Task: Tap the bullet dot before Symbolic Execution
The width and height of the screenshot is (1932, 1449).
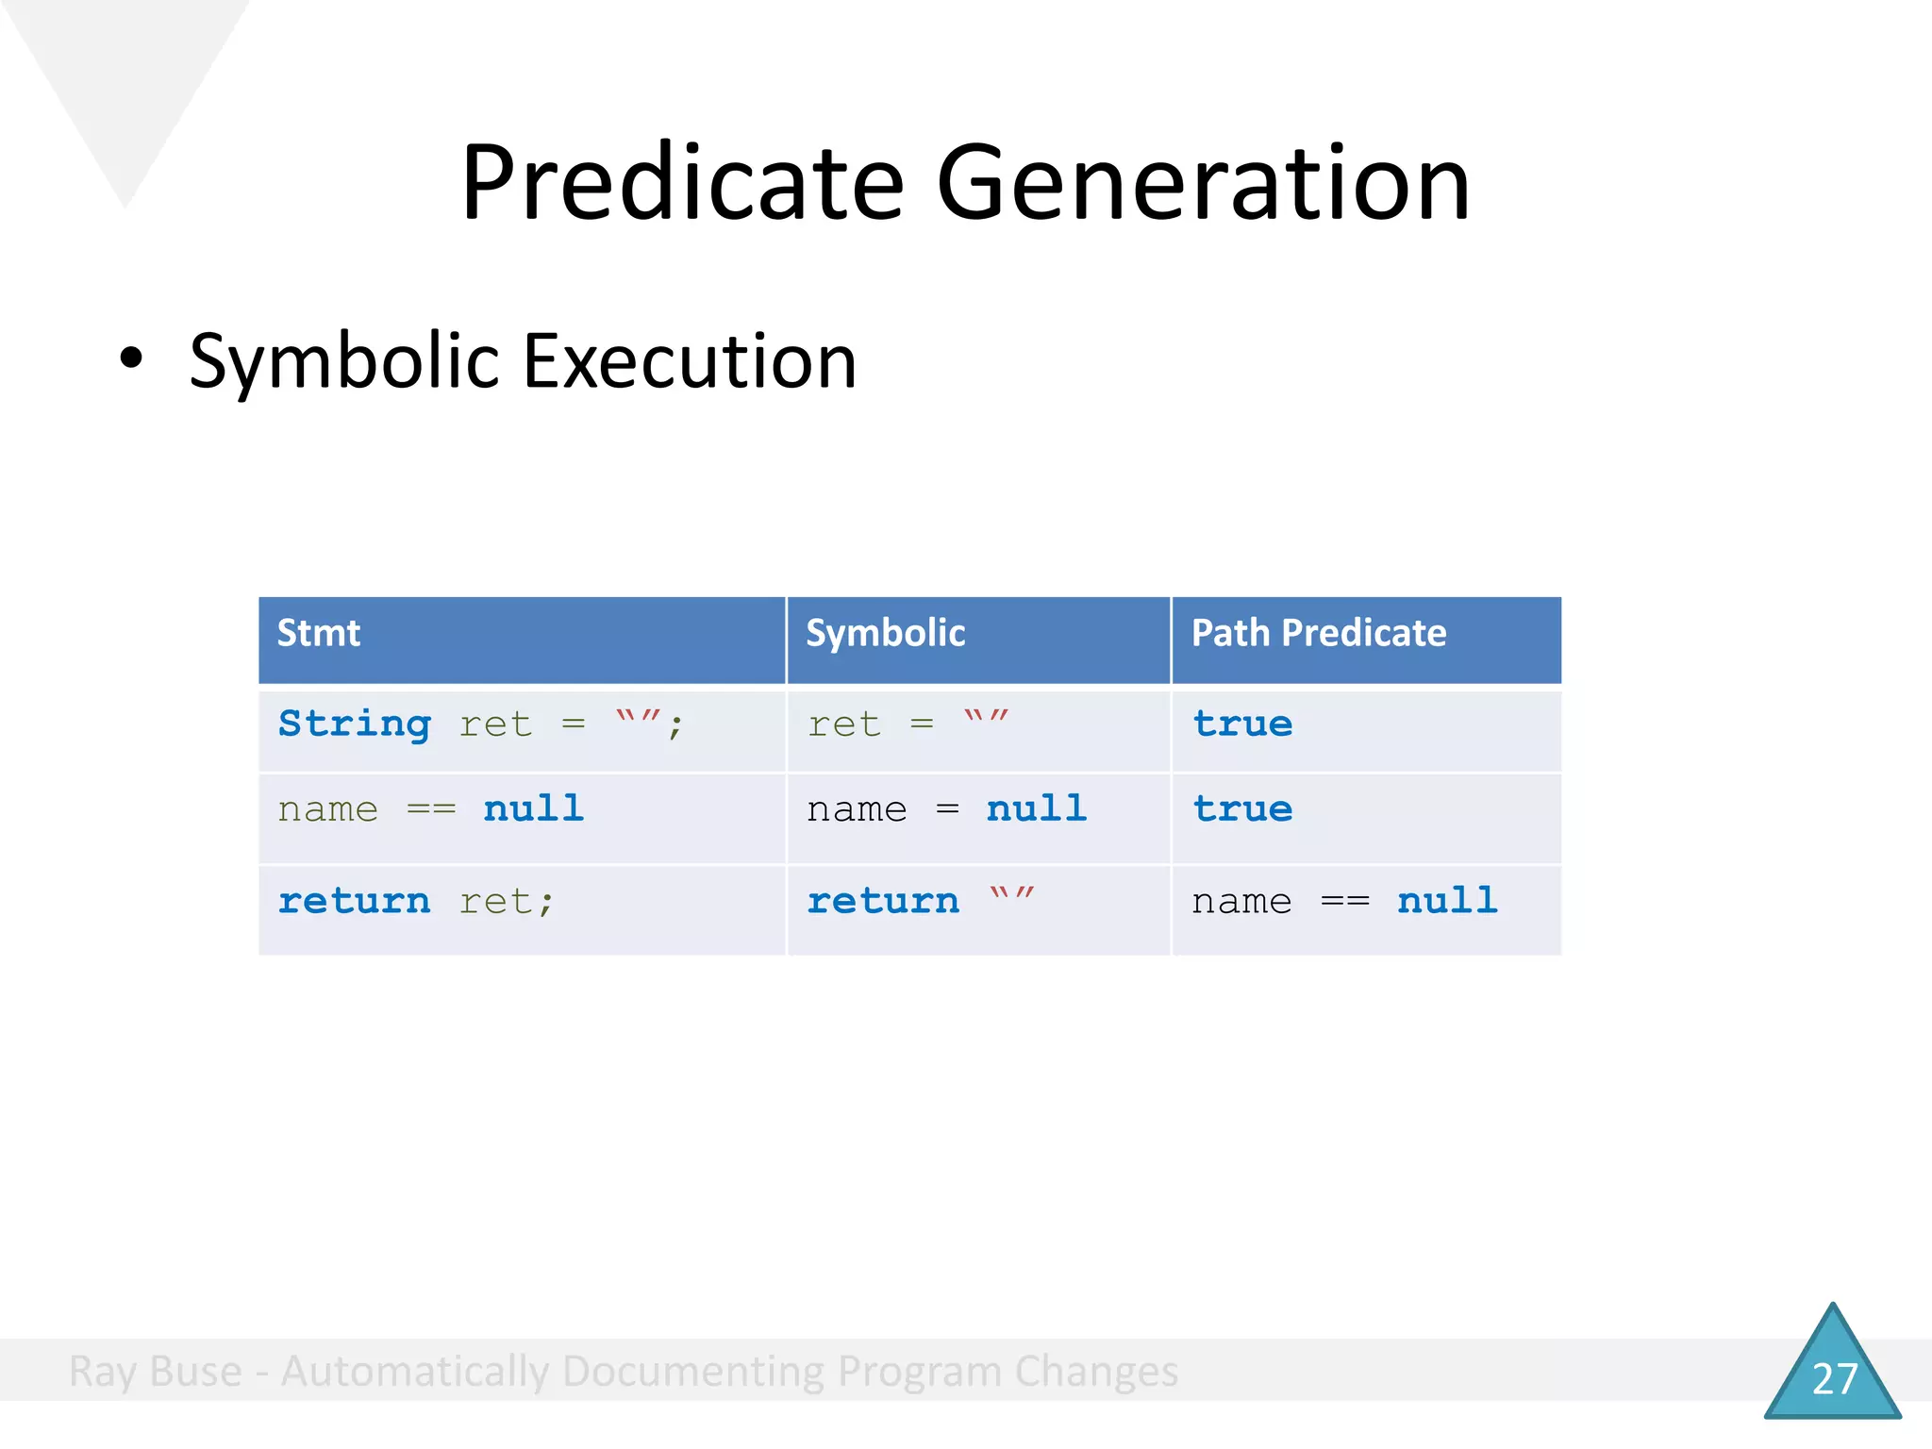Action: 131,358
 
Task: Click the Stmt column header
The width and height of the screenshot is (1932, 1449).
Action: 319,633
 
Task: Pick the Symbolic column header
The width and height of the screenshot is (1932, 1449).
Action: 885,633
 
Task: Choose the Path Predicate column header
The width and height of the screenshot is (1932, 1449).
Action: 1318,633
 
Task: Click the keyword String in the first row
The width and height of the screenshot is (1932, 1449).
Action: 355,724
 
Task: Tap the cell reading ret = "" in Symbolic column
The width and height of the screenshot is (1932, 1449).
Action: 908,724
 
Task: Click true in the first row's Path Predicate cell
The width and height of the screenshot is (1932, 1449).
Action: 1242,724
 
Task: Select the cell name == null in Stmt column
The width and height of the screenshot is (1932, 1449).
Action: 430,809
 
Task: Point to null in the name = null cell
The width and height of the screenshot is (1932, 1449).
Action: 1036,809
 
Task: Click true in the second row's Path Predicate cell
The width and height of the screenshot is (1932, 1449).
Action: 1242,809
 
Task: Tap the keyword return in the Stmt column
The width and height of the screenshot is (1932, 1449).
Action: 355,902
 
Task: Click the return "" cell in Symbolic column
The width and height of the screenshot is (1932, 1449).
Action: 920,902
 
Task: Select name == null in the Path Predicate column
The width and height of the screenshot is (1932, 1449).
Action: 1343,902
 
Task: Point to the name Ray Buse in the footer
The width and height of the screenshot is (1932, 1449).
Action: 156,1371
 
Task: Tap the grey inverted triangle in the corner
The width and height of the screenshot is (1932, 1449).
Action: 125,85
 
